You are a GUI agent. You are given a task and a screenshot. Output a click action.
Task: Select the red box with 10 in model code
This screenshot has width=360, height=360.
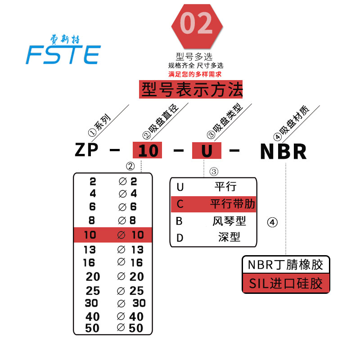148,150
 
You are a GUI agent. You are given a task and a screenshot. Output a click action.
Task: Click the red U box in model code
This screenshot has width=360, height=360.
207,150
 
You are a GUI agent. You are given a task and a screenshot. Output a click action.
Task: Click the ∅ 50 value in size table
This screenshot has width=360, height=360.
130,328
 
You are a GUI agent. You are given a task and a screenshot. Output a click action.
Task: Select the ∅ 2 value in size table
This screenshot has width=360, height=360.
128,181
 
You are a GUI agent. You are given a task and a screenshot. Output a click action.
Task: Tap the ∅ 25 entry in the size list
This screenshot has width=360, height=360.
130,290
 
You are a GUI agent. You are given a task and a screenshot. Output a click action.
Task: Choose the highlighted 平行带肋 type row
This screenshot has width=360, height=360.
213,204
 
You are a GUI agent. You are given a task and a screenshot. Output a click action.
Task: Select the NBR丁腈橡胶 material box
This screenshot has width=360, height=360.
285,264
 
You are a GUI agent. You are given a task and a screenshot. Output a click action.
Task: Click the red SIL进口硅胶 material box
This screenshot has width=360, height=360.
285,284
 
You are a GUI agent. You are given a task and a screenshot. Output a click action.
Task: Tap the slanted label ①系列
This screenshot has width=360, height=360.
100,124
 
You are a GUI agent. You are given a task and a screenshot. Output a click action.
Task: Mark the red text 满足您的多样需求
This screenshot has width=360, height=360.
195,74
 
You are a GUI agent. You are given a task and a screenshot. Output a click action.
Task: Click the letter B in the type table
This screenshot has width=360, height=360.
180,221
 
